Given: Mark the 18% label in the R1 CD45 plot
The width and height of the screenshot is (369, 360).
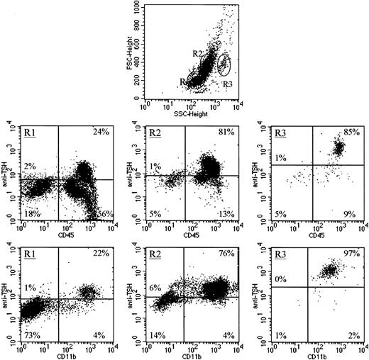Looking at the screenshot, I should pyautogui.click(x=31, y=213).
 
